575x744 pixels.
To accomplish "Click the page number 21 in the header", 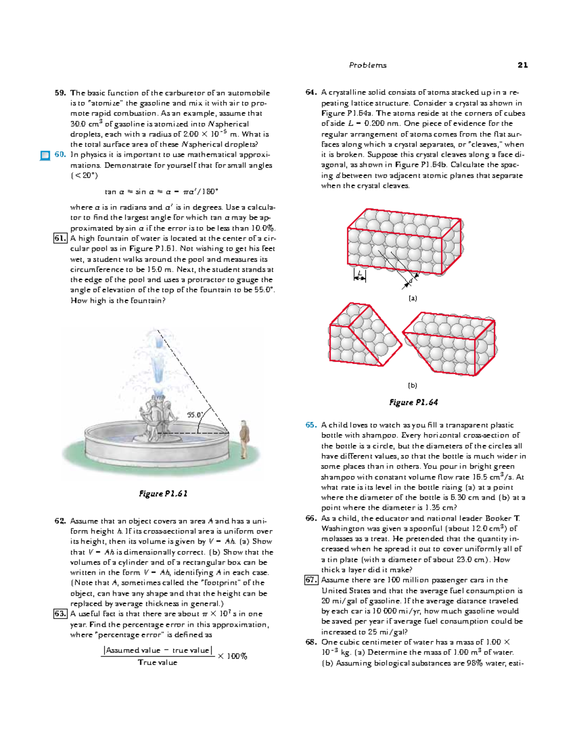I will (522, 65).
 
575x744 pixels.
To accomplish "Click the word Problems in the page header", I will (368, 65).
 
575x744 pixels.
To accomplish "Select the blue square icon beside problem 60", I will (45, 155).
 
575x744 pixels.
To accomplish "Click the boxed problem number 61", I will (60, 239).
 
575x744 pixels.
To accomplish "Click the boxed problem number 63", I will (60, 614).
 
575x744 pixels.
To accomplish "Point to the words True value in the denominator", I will (158, 663).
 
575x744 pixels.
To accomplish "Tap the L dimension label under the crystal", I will (359, 274).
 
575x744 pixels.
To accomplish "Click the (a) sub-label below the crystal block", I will (413, 298).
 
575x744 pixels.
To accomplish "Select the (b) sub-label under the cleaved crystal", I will (413, 385).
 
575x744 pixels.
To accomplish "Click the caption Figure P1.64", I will (414, 402).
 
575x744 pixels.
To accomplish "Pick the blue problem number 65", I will (311, 425).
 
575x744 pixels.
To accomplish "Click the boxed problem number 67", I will (311, 580).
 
